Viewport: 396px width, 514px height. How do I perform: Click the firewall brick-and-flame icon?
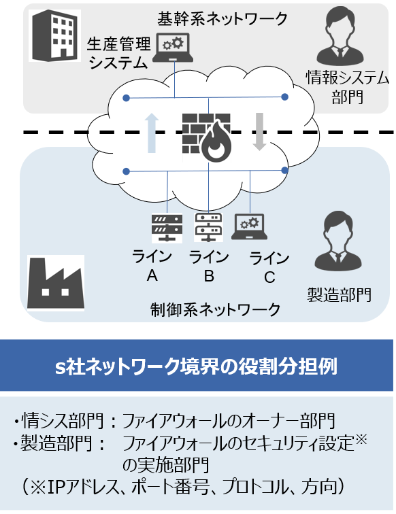point(207,137)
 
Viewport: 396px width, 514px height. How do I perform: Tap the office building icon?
point(55,35)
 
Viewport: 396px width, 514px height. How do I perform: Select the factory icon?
point(55,284)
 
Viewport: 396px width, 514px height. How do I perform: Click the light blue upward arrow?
point(151,133)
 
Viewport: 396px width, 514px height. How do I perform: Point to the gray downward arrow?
point(259,131)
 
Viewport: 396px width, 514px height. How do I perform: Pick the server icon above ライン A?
point(167,228)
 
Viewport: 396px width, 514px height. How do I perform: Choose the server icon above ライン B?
point(208,227)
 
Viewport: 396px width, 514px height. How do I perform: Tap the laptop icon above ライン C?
point(249,227)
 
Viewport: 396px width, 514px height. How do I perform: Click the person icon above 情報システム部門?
point(340,37)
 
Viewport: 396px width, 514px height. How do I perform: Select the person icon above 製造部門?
point(338,241)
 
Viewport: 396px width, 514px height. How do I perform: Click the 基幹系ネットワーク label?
point(222,18)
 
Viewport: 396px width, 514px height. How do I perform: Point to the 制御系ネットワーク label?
point(216,309)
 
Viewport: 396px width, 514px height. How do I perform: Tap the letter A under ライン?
point(152,275)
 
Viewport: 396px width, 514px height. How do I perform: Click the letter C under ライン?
point(269,277)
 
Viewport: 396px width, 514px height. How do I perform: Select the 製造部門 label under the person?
point(340,294)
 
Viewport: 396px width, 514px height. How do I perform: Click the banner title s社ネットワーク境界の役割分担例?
point(196,366)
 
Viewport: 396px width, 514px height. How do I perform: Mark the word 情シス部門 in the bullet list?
point(63,421)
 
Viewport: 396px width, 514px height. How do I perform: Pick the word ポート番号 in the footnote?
point(170,487)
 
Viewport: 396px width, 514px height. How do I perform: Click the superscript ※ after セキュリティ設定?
point(361,439)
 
